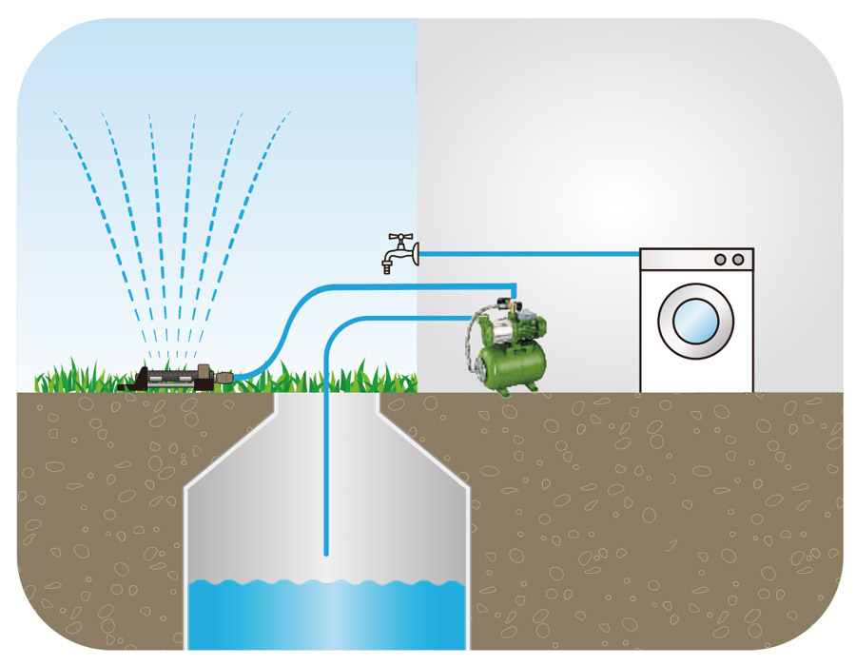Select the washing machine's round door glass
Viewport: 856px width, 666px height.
tap(696, 322)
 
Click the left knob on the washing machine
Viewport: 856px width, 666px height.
tap(719, 260)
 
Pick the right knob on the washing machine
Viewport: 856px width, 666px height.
tap(736, 260)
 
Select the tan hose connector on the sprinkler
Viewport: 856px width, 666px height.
tap(224, 379)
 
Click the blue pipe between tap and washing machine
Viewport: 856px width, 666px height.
tap(533, 254)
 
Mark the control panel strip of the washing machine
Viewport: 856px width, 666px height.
tap(696, 260)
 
